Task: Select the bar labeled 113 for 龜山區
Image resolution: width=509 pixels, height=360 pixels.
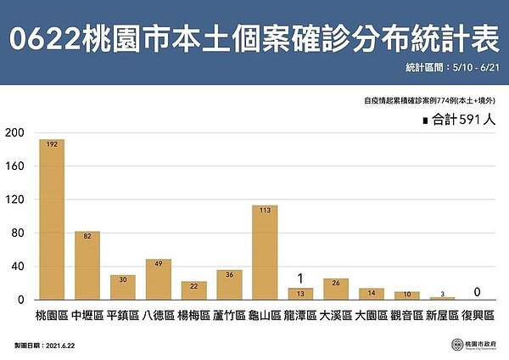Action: point(264,252)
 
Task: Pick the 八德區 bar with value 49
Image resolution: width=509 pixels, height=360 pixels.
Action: point(158,279)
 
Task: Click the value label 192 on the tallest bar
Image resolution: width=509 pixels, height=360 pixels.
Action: point(52,145)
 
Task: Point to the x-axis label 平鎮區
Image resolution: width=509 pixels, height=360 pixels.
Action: point(122,315)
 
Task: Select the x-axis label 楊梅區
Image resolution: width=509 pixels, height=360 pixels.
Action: point(193,315)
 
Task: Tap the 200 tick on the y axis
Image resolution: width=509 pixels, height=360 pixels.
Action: point(14,132)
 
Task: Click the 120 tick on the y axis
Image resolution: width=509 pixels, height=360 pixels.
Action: point(14,200)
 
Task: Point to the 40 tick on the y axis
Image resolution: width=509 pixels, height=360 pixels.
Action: point(18,267)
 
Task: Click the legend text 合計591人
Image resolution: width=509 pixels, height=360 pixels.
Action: point(463,121)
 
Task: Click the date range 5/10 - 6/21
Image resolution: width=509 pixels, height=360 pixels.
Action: point(476,66)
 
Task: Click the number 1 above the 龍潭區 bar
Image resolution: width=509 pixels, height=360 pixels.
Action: point(300,278)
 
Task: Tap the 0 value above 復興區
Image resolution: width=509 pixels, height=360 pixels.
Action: point(478,292)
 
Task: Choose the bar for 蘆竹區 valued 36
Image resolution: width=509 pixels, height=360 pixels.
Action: point(229,284)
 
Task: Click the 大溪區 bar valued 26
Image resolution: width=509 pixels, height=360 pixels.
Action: point(335,289)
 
